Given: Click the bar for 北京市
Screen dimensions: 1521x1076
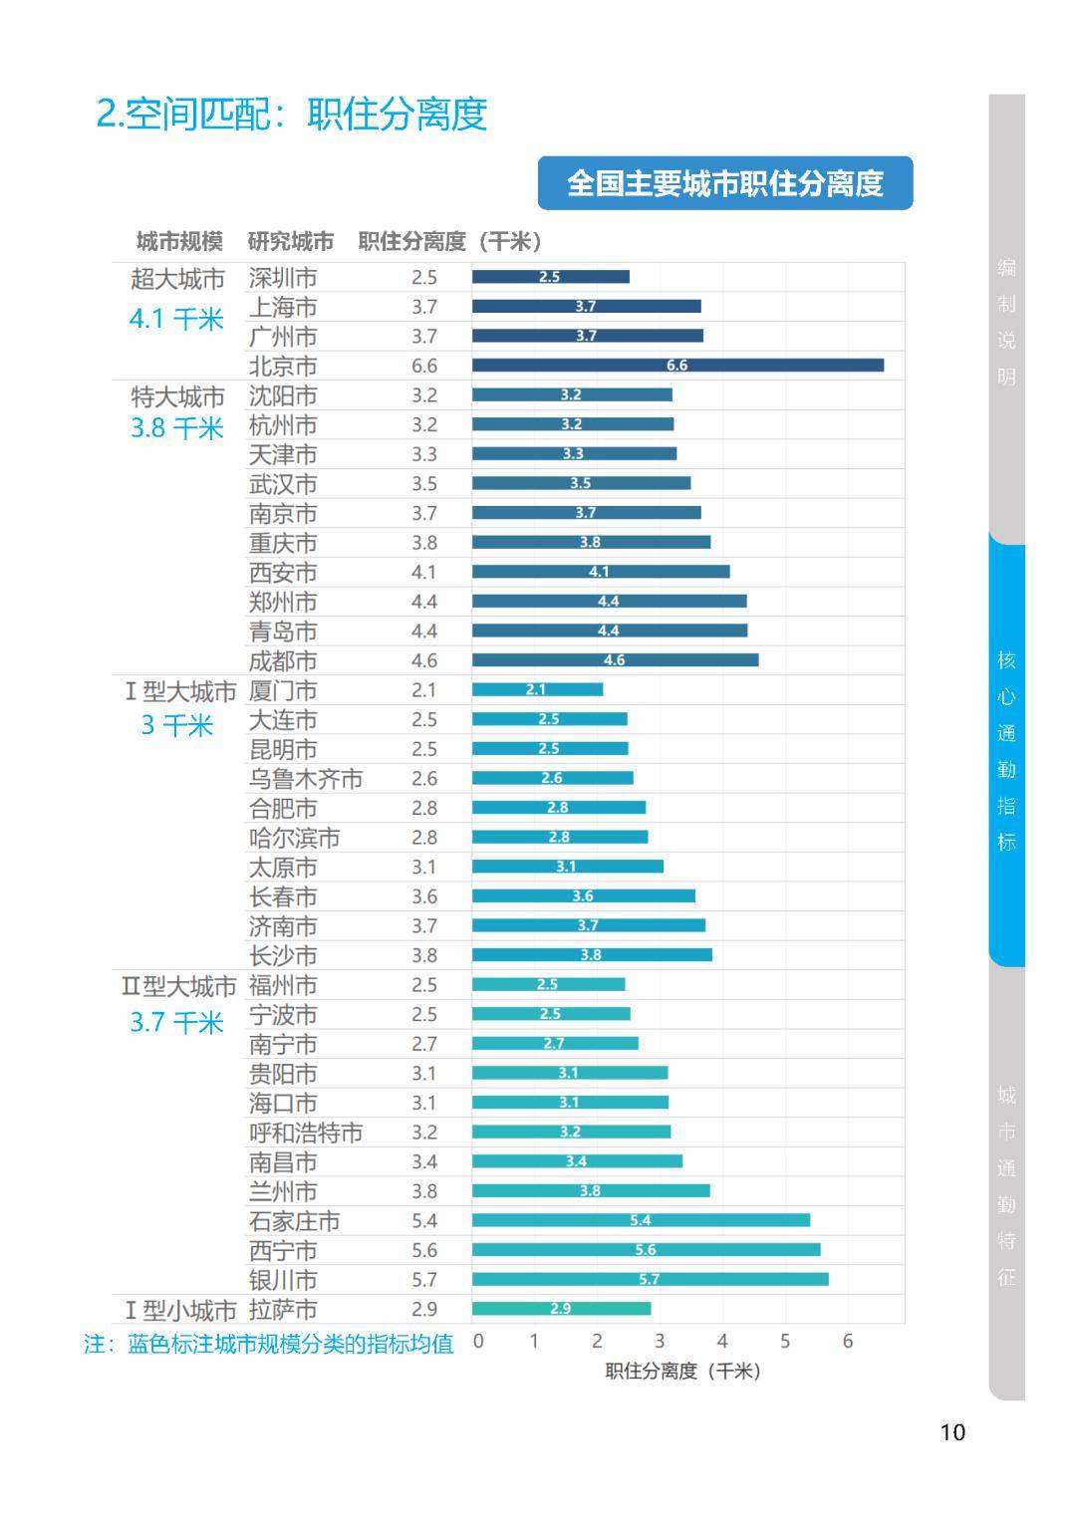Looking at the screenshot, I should pos(677,366).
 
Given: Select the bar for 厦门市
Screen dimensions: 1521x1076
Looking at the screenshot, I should pos(537,689).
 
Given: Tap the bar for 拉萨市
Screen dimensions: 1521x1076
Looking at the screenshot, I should pos(561,1309).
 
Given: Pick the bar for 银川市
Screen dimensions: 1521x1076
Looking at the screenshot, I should pos(650,1279).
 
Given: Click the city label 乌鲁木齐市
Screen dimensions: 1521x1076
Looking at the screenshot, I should pos(306,779).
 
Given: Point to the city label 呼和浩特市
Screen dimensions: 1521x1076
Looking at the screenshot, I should pos(306,1133).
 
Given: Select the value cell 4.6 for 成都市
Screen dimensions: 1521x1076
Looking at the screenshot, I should pos(424,660).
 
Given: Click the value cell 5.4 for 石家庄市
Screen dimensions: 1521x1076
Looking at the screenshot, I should pos(424,1221).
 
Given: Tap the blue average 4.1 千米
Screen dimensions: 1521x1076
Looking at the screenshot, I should pos(176,320).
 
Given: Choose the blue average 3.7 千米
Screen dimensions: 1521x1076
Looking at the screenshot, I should pos(176,1023).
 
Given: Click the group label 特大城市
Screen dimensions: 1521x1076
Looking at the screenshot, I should pos(177,396).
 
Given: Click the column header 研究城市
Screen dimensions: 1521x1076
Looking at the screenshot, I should pos(291,242).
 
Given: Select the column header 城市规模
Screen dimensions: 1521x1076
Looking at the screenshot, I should pos(179,242).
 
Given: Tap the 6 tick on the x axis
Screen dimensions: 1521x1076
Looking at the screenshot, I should pos(848,1342).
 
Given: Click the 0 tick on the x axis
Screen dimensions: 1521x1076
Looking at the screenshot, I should pos(478,1342).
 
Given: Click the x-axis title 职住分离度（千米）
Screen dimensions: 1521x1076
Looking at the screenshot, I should pos(683,1372).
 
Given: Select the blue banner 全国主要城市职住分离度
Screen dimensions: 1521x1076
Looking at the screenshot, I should pos(725,183).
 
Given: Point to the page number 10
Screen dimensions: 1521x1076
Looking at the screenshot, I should pos(952,1432).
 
